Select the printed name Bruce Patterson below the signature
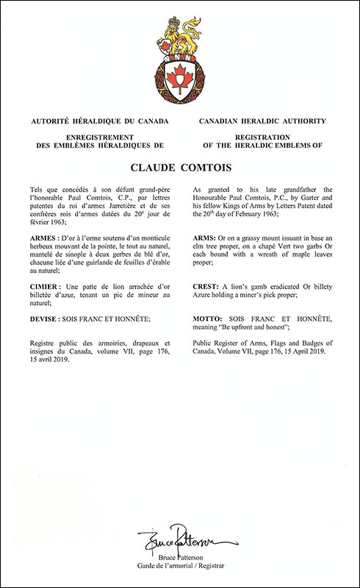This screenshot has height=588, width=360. click(180, 557)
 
